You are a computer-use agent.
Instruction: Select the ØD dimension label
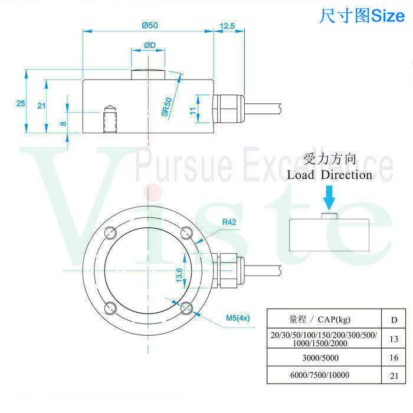point(149,45)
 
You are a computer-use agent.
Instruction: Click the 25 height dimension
point(21,103)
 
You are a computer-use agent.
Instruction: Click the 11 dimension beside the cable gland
point(192,110)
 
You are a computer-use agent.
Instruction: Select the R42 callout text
point(230,222)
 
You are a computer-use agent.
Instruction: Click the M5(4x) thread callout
point(238,319)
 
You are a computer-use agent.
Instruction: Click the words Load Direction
point(330,175)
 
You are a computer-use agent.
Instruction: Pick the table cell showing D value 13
point(394,339)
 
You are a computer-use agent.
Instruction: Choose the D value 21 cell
point(394,375)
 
